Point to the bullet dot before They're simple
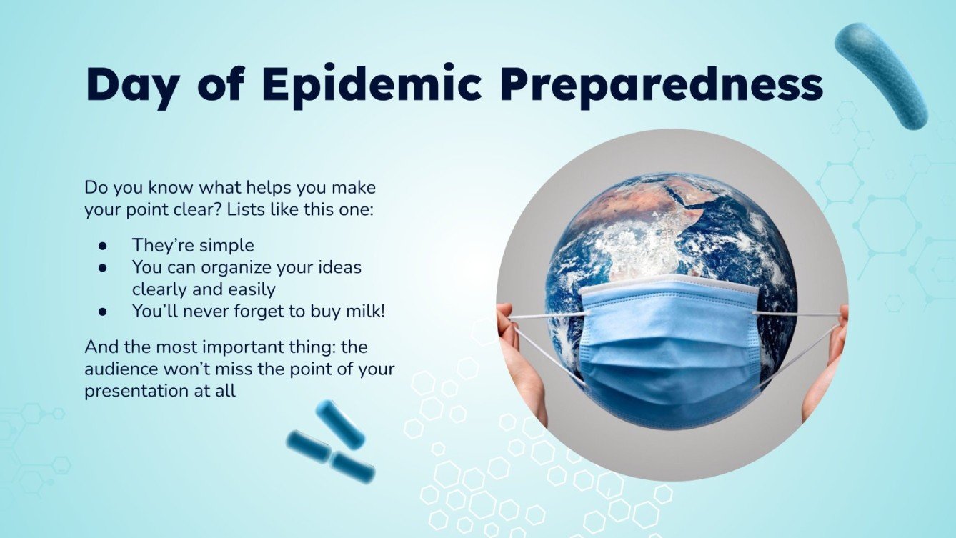pos(103,246)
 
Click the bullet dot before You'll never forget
pos(103,312)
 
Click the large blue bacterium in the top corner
pos(881,75)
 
